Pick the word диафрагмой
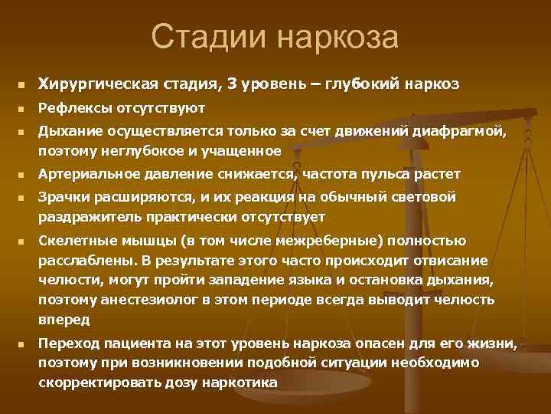click(463, 133)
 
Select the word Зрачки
click(62, 199)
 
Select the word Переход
click(67, 344)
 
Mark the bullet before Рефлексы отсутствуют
click(23, 109)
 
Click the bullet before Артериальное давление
click(23, 175)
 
